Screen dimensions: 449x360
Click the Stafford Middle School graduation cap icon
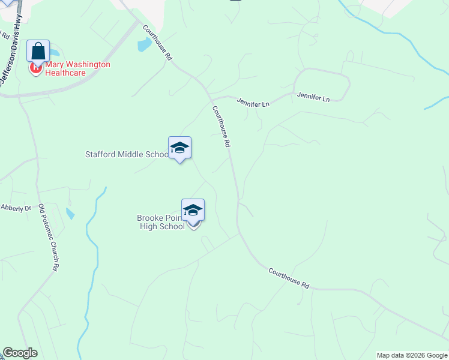[x=179, y=148]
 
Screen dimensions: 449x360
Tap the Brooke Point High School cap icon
[x=193, y=211]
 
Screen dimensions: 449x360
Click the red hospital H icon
[x=35, y=68]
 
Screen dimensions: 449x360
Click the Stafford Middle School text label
[x=127, y=154]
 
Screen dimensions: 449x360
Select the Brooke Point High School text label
[x=161, y=222]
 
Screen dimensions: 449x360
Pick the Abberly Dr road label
[x=16, y=208]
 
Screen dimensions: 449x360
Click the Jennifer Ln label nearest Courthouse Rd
[x=253, y=103]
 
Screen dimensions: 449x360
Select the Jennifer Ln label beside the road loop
[x=313, y=95]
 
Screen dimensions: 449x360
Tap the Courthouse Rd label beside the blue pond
[x=158, y=43]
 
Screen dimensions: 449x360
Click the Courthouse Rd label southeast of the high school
[x=289, y=279]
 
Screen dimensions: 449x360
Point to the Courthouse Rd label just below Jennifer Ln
[x=221, y=127]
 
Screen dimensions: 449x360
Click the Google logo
[x=20, y=353]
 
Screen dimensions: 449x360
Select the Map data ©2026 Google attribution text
[x=412, y=355]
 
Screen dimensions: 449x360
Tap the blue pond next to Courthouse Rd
[x=144, y=44]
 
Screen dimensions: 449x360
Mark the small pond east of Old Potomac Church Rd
[x=70, y=213]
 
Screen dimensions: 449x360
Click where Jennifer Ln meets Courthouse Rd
[x=211, y=98]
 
